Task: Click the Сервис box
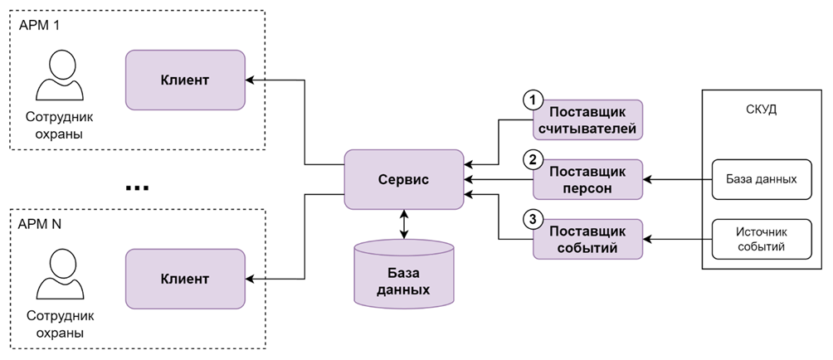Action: click(x=403, y=179)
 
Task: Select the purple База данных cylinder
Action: click(x=403, y=275)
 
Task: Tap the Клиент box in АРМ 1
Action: click(x=184, y=80)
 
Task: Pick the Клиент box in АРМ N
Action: click(x=184, y=279)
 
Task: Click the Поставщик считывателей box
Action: click(x=587, y=120)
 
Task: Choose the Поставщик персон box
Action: click(x=587, y=179)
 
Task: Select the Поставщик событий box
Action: click(x=587, y=239)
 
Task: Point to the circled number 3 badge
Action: click(x=532, y=219)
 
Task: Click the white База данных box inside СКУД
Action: click(x=762, y=179)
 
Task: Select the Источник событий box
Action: click(x=762, y=239)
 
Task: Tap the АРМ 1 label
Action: click(x=39, y=25)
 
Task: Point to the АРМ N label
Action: click(x=40, y=224)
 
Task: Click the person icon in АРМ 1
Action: click(x=58, y=77)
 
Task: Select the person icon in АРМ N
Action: click(x=58, y=277)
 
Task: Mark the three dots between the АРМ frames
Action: click(x=137, y=188)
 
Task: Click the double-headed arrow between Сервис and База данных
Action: click(x=403, y=225)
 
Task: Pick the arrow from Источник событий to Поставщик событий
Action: click(x=677, y=239)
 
